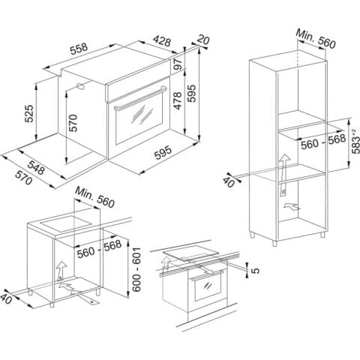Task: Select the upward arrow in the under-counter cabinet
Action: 60,271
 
